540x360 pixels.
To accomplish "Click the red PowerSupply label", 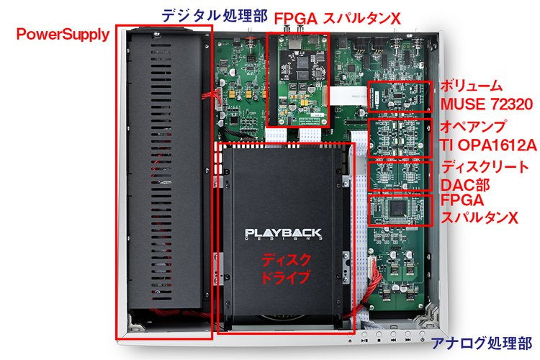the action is point(63,35).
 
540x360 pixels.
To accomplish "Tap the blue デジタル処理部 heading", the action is point(215,16).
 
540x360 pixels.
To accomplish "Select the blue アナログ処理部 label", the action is point(482,343).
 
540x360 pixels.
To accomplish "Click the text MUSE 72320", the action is point(487,104).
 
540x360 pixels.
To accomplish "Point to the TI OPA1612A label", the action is point(488,145).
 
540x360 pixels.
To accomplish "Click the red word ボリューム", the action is point(471,86).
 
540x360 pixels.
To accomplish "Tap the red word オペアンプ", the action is point(473,127).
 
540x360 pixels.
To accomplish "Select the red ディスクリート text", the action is point(485,167).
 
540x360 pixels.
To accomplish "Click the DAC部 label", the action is point(465,185).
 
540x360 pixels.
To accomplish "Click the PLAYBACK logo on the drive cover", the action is point(283,234).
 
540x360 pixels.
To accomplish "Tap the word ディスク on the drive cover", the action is point(286,260).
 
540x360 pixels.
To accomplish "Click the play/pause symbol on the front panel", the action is point(364,341).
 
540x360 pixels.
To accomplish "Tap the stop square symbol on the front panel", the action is point(379,341).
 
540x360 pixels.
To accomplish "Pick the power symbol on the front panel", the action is point(422,341).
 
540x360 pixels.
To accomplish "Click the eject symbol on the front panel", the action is point(350,341).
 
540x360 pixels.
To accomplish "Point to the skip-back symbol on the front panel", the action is point(393,341).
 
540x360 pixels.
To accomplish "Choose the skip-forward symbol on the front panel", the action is point(408,341).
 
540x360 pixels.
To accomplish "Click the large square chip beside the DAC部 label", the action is point(397,208).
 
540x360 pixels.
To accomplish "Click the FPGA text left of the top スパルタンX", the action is point(295,19).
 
